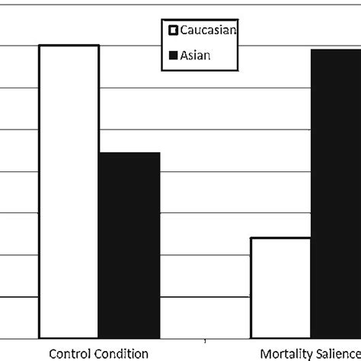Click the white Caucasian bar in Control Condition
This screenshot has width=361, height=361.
[x=69, y=190]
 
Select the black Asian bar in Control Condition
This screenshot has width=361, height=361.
[x=129, y=244]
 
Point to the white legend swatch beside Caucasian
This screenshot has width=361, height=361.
[x=172, y=31]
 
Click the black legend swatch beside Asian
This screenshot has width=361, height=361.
[x=172, y=55]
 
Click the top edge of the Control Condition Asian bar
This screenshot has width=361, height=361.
[x=129, y=152]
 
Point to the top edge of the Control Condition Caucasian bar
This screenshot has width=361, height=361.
[x=69, y=46]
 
